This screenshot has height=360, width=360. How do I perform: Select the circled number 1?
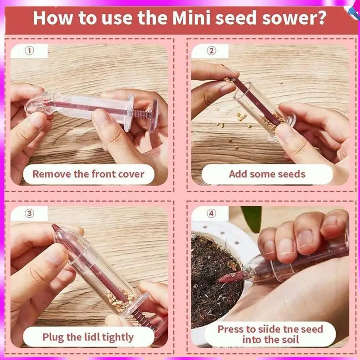tap(29, 51)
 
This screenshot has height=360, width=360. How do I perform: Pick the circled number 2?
tap(211, 51)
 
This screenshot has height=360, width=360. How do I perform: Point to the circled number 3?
tap(29, 213)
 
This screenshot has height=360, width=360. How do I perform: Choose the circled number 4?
tap(211, 213)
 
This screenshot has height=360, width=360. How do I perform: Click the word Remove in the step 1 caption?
tap(52, 174)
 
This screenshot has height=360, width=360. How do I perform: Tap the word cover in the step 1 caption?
tap(131, 174)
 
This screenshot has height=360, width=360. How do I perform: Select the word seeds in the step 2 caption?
tap(291, 174)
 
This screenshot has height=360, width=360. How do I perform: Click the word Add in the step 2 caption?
tap(238, 174)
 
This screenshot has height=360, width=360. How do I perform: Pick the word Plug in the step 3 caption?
tap(53, 337)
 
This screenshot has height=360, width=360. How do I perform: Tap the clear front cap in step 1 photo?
tap(40, 105)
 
